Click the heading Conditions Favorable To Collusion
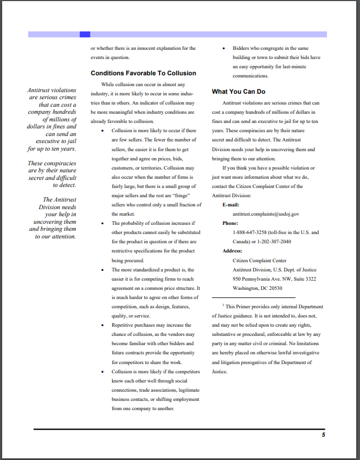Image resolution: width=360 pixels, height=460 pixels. click(x=143, y=73)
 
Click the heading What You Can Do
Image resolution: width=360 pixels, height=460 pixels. click(x=239, y=92)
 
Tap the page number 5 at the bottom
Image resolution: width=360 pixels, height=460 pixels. click(x=323, y=435)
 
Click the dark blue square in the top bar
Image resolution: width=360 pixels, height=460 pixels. click(x=85, y=34)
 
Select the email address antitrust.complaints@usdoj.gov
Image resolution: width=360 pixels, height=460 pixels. click(x=266, y=214)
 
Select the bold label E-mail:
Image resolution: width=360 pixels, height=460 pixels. click(x=231, y=205)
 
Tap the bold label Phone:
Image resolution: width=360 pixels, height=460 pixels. click(x=230, y=223)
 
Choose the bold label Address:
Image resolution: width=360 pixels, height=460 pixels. click(x=232, y=251)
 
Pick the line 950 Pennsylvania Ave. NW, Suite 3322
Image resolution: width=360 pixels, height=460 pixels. click(x=274, y=279)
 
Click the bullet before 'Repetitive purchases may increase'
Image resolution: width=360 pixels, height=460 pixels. click(x=103, y=326)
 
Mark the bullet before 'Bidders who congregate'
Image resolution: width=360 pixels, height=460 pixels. click(x=224, y=49)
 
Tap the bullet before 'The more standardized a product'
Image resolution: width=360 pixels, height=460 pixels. click(x=103, y=270)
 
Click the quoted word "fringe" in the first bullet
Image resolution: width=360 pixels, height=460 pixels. click(x=182, y=196)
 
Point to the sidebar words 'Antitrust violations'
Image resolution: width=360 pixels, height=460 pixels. click(x=52, y=90)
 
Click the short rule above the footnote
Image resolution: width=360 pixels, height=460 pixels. click(x=253, y=297)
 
